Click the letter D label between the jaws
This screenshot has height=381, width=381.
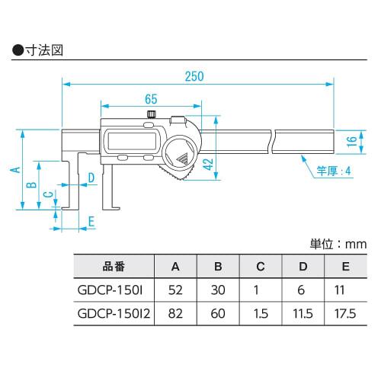point(91,178)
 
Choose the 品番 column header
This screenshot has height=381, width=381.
point(113,267)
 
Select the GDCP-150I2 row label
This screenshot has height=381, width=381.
point(113,314)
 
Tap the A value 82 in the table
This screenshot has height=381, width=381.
point(175,314)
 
